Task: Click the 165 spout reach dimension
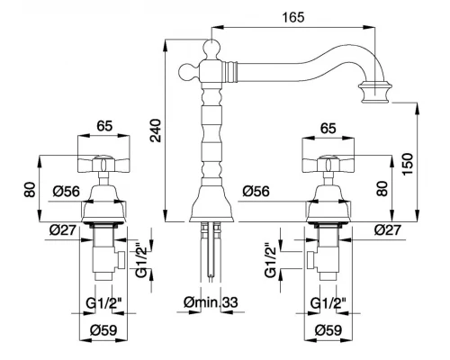tap(293, 17)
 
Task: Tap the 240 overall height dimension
tap(157, 130)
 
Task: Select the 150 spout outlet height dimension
tap(408, 165)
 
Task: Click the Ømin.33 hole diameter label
tap(211, 302)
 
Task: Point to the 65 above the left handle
tap(104, 126)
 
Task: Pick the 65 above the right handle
tap(328, 129)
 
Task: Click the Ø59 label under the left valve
tap(103, 330)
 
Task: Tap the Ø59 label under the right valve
tap(328, 330)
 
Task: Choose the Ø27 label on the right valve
tap(387, 230)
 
